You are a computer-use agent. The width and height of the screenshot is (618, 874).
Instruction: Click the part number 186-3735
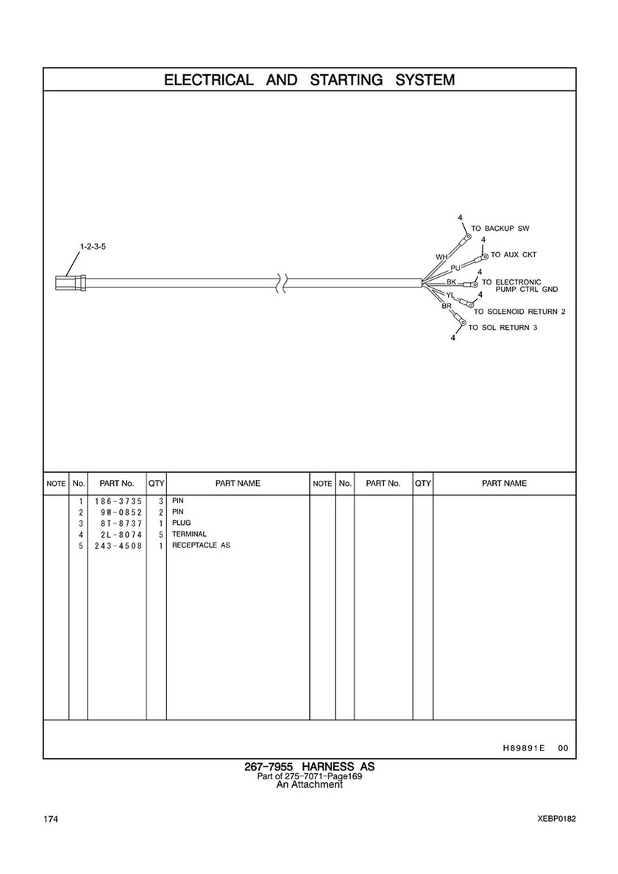coord(118,501)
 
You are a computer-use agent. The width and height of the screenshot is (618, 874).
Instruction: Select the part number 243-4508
coord(118,545)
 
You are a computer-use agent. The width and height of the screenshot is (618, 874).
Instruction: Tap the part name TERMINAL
coord(189,534)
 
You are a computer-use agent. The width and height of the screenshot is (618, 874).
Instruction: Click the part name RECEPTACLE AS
coord(201,545)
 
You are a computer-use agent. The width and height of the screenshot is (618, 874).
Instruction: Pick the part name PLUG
coord(181,523)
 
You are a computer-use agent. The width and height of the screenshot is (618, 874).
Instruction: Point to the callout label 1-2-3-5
coord(93,246)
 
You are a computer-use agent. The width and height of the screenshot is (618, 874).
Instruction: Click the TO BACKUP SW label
coord(500,229)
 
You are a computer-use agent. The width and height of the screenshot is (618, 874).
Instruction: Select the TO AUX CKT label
coord(514,255)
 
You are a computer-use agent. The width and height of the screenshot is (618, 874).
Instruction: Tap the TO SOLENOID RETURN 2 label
coord(520,312)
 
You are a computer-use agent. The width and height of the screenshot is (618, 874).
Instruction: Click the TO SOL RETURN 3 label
coord(503,327)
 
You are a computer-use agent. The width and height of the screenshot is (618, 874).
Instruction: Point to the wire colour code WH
coord(441,257)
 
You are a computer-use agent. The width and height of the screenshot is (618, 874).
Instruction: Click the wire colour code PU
coord(455,267)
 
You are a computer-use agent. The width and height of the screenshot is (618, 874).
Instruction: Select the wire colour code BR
coord(447,306)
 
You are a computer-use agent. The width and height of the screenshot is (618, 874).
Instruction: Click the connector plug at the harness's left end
coord(70,282)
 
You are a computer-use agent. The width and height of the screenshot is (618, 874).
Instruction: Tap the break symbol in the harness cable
coord(282,283)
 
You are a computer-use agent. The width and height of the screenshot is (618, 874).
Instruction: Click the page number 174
coord(51,819)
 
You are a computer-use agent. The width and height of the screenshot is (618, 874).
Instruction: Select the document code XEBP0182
coord(557,819)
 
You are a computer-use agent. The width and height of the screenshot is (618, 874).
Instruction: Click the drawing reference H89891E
coord(524,748)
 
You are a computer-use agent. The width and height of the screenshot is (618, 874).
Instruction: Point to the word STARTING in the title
coord(347,80)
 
